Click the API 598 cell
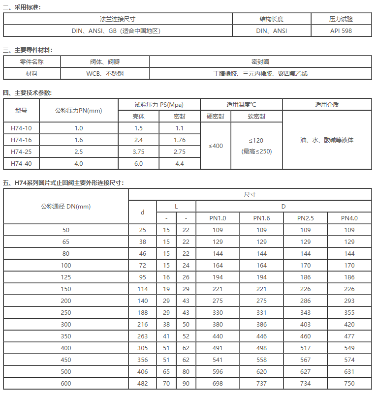(x=341, y=30)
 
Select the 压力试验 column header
(x=341, y=19)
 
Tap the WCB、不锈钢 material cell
(x=105, y=74)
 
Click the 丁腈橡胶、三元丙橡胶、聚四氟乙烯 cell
(x=260, y=74)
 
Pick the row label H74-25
(x=21, y=152)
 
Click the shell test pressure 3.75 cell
(x=138, y=152)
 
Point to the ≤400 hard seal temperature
(x=216, y=146)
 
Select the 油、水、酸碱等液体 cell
(x=327, y=140)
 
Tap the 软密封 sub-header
(x=256, y=117)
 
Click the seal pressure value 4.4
(x=180, y=164)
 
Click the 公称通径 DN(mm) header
(x=66, y=206)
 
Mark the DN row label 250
(x=66, y=313)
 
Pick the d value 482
(x=143, y=384)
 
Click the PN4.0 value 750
(x=349, y=384)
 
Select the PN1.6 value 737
(x=262, y=384)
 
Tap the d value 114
(x=143, y=289)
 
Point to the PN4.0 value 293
(x=349, y=301)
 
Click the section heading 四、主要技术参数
(x=28, y=92)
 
